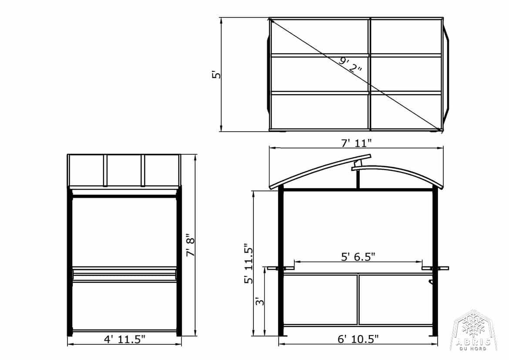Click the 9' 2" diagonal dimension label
pos(350,65)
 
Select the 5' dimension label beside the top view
pos(216,75)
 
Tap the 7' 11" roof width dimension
pos(356,143)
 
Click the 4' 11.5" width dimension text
pos(125,339)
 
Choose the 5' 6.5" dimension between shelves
pos(358,257)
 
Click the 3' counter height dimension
pos(260,302)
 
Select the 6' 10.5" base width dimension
pos(358,339)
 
